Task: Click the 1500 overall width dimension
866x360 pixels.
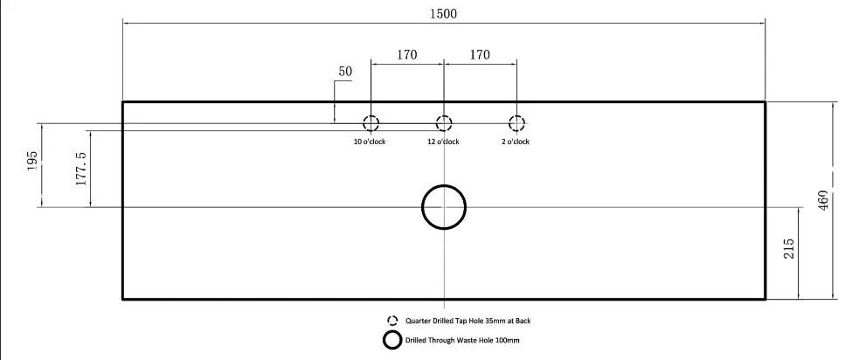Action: click(444, 14)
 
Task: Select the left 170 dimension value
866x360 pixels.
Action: click(407, 55)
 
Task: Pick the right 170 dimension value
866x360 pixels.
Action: click(480, 55)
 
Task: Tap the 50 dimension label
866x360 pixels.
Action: click(345, 72)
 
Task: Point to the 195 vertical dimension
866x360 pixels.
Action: click(32, 161)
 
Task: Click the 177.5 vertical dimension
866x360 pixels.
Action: click(81, 169)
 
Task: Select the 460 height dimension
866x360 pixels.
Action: click(823, 201)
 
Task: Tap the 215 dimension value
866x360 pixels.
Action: click(789, 248)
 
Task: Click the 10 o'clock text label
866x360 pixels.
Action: click(370, 142)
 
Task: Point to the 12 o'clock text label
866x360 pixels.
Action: click(443, 142)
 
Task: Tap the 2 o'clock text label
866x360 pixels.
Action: click(516, 142)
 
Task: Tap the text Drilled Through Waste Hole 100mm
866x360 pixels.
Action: click(462, 341)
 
